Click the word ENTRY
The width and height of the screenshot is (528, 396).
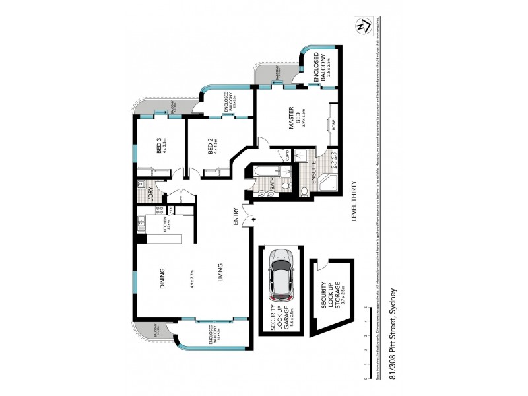(x=235, y=218)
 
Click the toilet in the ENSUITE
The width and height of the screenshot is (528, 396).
(x=304, y=192)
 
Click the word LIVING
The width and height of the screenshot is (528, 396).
(x=220, y=274)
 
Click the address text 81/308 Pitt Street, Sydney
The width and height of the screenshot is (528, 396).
(x=393, y=334)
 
